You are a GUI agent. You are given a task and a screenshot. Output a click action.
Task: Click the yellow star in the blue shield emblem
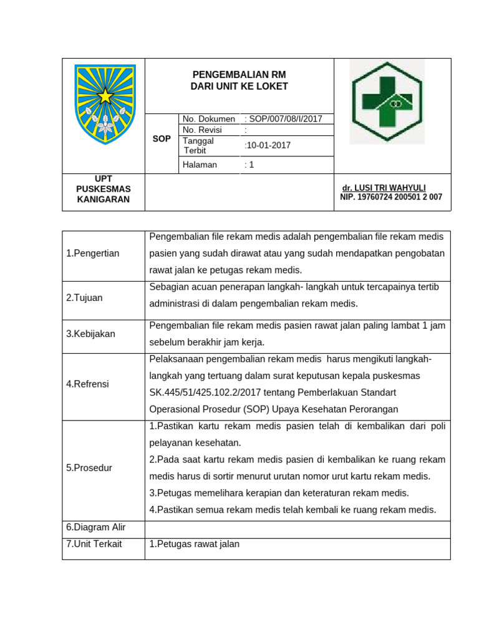[x=105, y=96]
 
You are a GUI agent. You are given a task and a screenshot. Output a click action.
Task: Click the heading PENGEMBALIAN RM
[x=239, y=75]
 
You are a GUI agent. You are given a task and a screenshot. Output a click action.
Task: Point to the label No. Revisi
[x=201, y=130]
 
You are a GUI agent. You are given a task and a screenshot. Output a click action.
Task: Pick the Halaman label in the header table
[x=200, y=164]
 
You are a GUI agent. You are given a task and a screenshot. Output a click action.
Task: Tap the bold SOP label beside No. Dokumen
[x=162, y=139]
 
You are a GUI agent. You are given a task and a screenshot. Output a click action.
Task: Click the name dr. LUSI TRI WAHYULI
[x=384, y=188]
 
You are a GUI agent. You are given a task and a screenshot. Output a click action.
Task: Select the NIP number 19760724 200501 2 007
[x=391, y=197]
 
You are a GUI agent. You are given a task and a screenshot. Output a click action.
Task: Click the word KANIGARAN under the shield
[x=104, y=199]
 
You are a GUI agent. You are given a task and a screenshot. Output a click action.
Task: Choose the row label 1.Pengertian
[x=92, y=254]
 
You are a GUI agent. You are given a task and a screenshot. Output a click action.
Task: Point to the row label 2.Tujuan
[x=84, y=298]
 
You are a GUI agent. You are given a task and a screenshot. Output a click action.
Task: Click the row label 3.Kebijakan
[x=90, y=334]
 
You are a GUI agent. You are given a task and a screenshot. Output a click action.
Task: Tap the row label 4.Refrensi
[x=87, y=384]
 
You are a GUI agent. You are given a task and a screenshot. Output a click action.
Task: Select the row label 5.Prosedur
[x=89, y=467]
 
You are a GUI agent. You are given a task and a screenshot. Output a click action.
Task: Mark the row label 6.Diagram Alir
[x=95, y=527]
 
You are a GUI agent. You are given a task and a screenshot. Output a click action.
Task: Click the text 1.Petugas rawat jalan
[x=195, y=544]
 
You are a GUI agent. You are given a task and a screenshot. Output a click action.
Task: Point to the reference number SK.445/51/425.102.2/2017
[x=206, y=393]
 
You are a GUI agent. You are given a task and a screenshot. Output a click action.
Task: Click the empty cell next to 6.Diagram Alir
[x=297, y=528]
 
